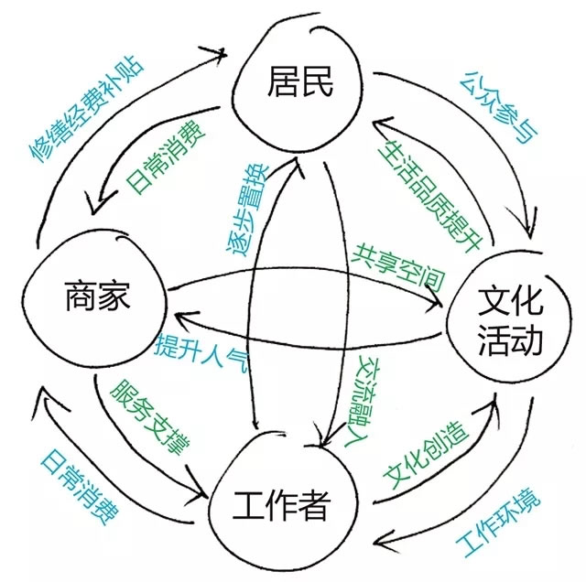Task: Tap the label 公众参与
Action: tap(495, 106)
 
